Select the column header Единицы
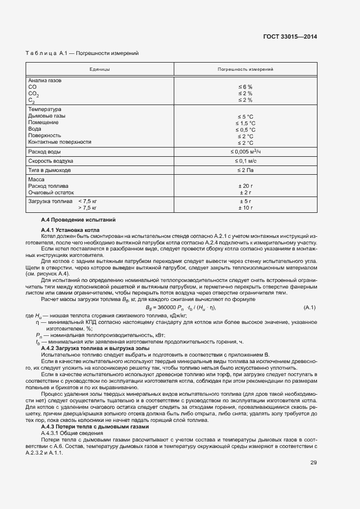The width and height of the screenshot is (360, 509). [100, 70]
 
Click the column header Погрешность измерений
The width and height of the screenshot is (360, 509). [245, 70]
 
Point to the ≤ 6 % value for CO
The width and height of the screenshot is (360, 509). [245, 87]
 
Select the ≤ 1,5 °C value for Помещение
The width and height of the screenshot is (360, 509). [245, 123]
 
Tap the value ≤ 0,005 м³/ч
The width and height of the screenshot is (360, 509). [246, 151]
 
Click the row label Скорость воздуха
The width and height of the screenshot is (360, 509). [51, 161]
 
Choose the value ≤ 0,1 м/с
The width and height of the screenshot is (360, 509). [245, 161]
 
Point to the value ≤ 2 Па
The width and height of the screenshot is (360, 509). [245, 171]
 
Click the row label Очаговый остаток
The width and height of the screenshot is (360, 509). [51, 192]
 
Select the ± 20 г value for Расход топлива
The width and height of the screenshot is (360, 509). [245, 186]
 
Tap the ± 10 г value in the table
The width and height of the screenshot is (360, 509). [245, 208]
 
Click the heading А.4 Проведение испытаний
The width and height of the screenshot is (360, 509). [78, 219]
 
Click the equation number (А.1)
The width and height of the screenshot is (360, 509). [310, 308]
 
